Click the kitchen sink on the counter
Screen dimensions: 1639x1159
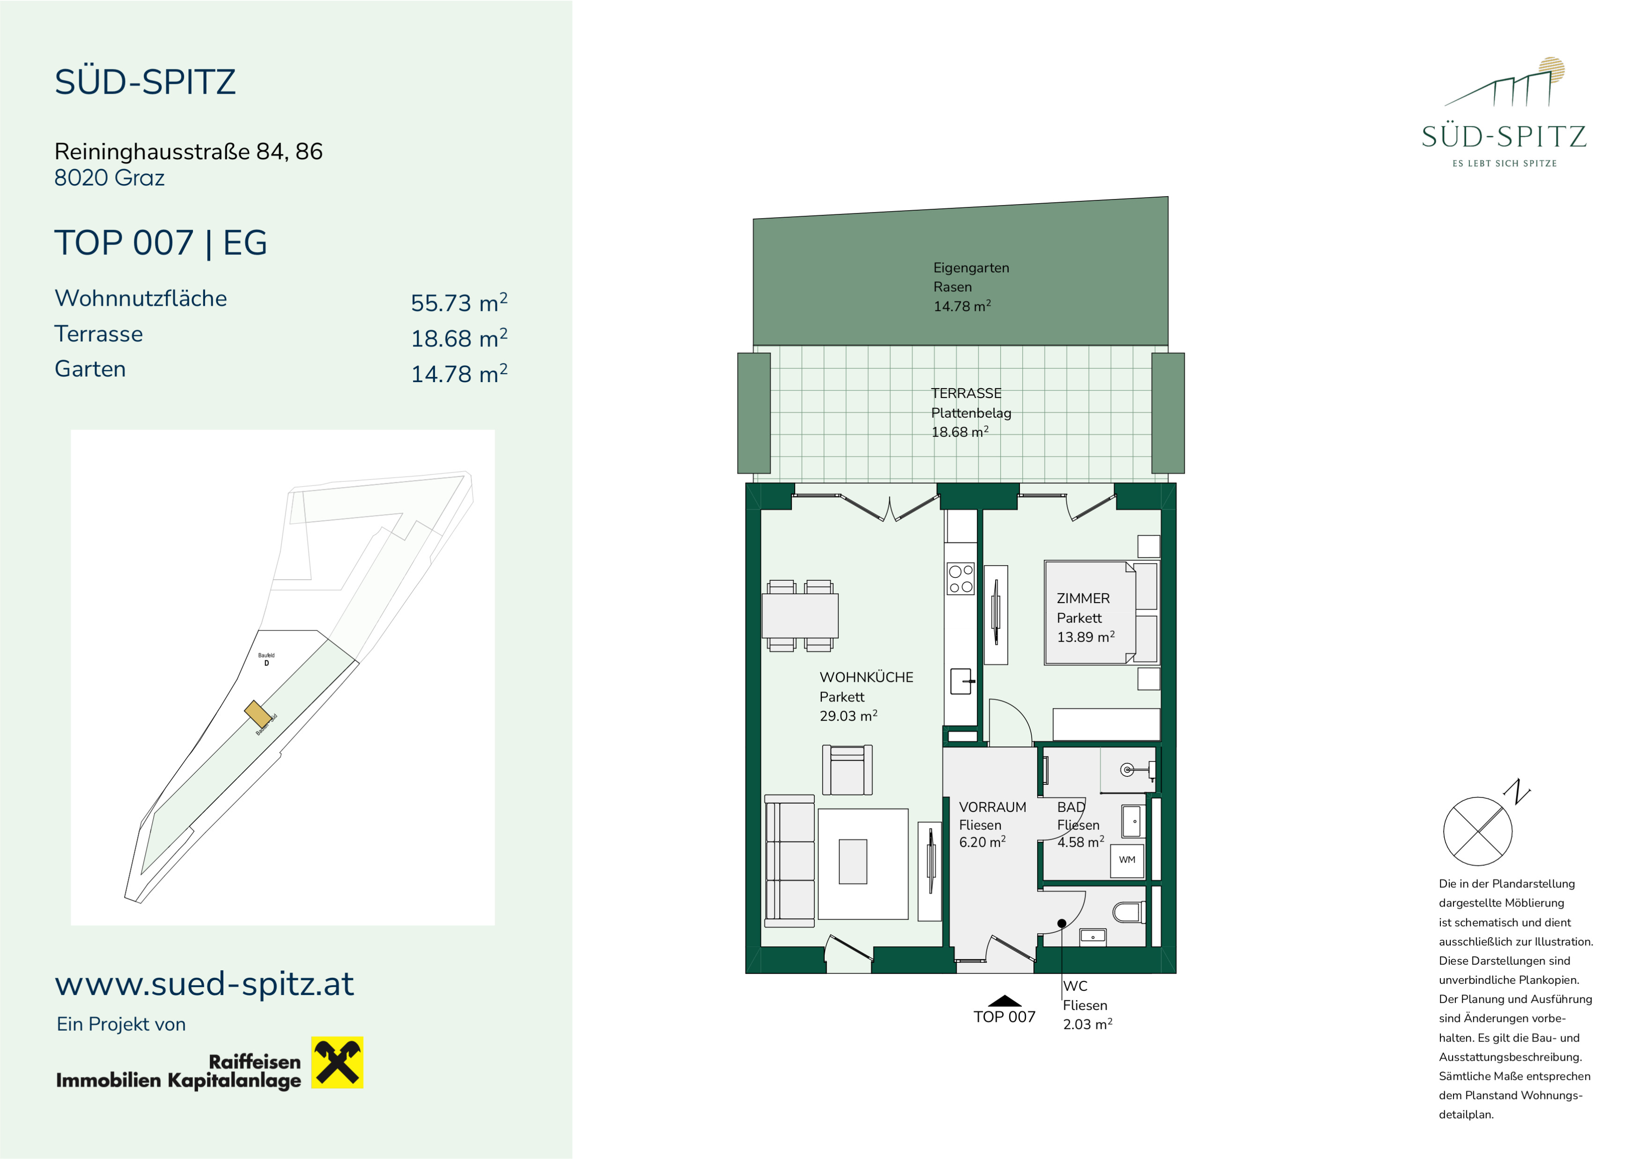[x=961, y=681]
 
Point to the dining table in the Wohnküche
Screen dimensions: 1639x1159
[x=799, y=616]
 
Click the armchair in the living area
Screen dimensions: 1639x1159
[x=847, y=770]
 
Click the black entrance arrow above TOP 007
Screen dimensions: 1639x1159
[x=1004, y=1001]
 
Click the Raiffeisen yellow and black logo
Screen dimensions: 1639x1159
[x=337, y=1063]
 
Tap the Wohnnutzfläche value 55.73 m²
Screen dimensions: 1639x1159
[x=459, y=303]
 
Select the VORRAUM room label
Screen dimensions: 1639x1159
[x=992, y=807]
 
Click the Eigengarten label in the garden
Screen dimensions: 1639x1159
[x=971, y=268]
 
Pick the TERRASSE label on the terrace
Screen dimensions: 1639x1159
[x=966, y=393]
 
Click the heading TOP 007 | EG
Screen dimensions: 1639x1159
[x=161, y=243]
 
